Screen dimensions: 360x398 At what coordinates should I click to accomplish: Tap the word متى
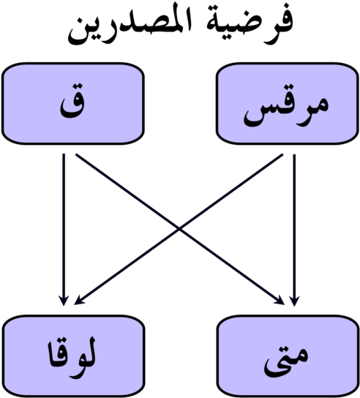(286, 361)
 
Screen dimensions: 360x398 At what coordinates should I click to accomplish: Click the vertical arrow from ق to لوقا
(64, 230)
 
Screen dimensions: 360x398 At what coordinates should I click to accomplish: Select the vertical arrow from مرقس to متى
(294, 230)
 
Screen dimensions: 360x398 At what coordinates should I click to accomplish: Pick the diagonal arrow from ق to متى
(180, 229)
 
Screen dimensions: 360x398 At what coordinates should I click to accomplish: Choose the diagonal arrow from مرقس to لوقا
(179, 229)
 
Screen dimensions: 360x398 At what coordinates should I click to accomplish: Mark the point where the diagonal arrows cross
(179, 229)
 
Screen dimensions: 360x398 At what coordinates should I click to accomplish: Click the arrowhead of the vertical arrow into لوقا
(64, 301)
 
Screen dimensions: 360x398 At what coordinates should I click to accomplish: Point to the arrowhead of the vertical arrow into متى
(294, 301)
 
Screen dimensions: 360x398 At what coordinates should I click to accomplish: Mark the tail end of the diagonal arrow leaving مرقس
(282, 154)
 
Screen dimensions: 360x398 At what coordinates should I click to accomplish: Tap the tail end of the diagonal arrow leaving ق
(76, 154)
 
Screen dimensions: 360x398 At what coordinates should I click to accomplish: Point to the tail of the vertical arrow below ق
(64, 154)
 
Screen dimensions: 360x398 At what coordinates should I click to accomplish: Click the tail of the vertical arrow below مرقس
(294, 154)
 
